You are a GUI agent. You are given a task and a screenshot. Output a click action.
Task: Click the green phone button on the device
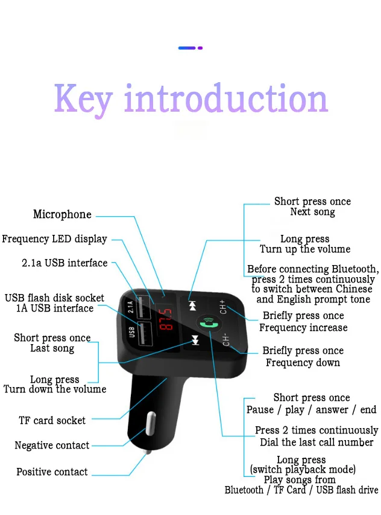pyautogui.click(x=209, y=323)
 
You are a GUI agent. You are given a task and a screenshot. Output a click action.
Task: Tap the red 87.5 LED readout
pyautogui.click(x=166, y=318)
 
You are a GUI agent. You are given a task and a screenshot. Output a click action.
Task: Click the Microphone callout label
pyautogui.click(x=62, y=215)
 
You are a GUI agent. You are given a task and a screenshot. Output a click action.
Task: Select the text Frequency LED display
pyautogui.click(x=54, y=239)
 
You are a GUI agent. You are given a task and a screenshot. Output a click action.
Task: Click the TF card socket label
pyautogui.click(x=52, y=420)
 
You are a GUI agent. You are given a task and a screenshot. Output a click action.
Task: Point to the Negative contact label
pyautogui.click(x=52, y=446)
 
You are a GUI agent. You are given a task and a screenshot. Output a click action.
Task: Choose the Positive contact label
pyautogui.click(x=52, y=472)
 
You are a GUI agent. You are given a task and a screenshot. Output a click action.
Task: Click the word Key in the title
pyautogui.click(x=83, y=100)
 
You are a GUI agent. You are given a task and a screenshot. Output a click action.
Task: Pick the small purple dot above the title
pyautogui.click(x=200, y=48)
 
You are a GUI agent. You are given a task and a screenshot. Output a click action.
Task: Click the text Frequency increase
pyautogui.click(x=303, y=328)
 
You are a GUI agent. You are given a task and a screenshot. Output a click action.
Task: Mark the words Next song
pyautogui.click(x=312, y=212)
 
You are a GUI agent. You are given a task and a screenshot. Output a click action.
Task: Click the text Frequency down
pyautogui.click(x=303, y=363)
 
